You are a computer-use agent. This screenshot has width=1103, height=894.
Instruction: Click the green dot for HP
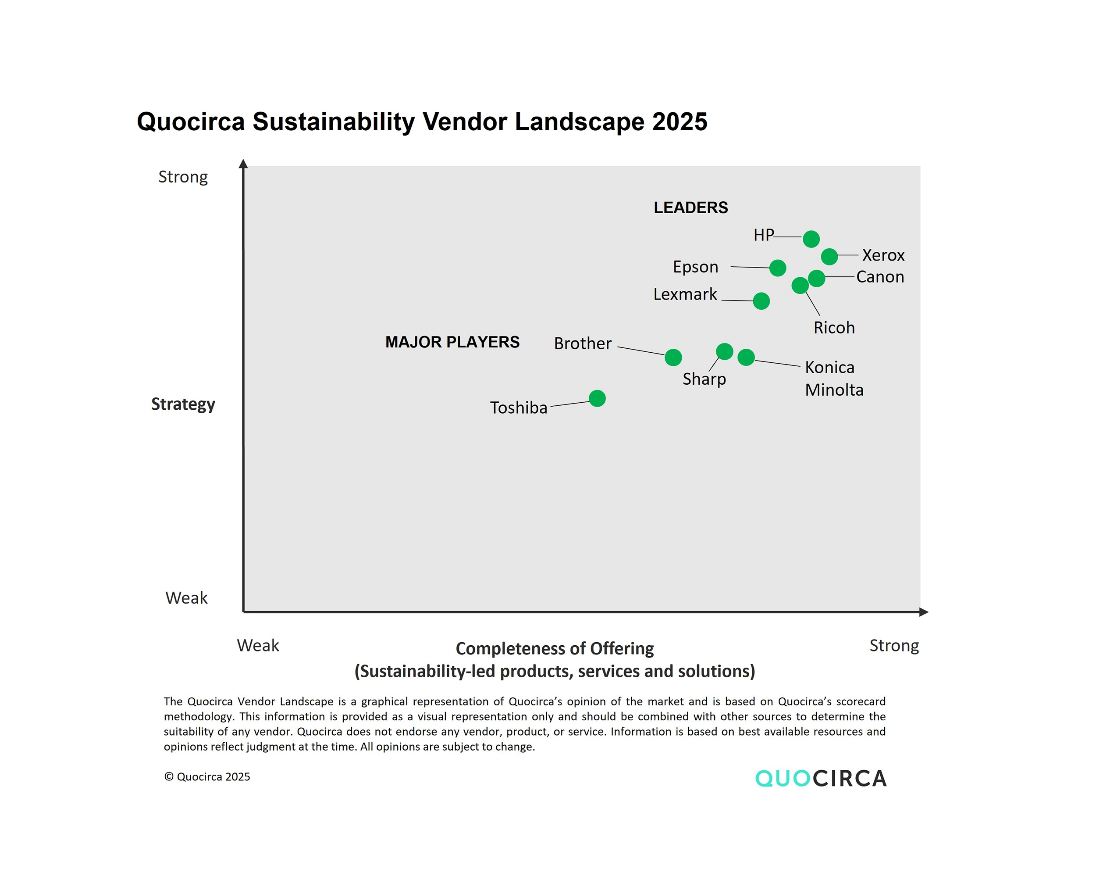(x=811, y=239)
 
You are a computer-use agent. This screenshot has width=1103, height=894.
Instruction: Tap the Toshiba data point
(x=597, y=398)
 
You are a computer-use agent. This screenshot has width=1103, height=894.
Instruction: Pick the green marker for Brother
(x=673, y=357)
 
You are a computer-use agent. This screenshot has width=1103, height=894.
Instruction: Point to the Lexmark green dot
(x=761, y=301)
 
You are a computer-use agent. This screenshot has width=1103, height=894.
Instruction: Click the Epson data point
(x=778, y=268)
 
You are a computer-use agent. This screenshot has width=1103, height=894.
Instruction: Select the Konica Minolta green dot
(x=746, y=357)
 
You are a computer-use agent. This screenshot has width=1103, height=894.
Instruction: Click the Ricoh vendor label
(x=834, y=328)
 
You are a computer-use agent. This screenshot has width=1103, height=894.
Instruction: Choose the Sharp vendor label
(x=704, y=379)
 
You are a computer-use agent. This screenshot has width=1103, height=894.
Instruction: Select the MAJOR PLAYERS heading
(x=452, y=342)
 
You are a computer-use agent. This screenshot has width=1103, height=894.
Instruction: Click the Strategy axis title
(x=183, y=404)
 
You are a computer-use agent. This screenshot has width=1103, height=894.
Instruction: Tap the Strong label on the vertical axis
(x=183, y=177)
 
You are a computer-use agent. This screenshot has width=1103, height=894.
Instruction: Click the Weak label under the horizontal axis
(x=258, y=645)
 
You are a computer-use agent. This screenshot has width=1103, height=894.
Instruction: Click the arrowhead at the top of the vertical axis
(x=243, y=164)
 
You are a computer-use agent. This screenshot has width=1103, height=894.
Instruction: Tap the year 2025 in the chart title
(x=680, y=122)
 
